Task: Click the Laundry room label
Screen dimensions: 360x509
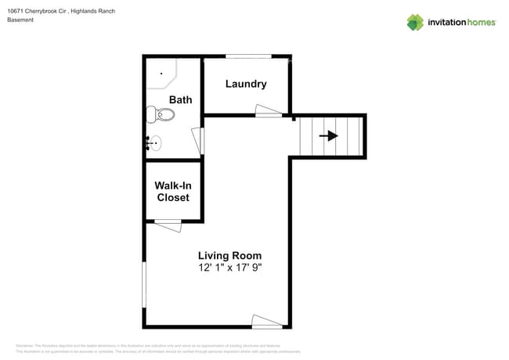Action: point(246,84)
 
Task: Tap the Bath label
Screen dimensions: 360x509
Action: point(180,99)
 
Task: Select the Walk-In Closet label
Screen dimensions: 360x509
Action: point(172,192)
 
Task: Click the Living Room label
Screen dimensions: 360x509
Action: point(229,255)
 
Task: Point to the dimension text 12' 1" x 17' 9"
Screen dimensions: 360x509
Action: point(229,268)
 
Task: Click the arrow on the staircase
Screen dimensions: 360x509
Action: point(329,136)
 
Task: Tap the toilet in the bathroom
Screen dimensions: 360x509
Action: point(161,115)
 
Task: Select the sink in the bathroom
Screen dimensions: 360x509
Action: point(153,143)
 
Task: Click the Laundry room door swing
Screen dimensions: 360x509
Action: point(269,111)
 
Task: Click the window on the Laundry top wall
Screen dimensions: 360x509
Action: point(248,56)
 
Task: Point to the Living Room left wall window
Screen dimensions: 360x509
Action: point(144,285)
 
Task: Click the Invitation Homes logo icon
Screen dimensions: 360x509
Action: point(415,23)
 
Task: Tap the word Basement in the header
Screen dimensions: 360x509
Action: point(20,20)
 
